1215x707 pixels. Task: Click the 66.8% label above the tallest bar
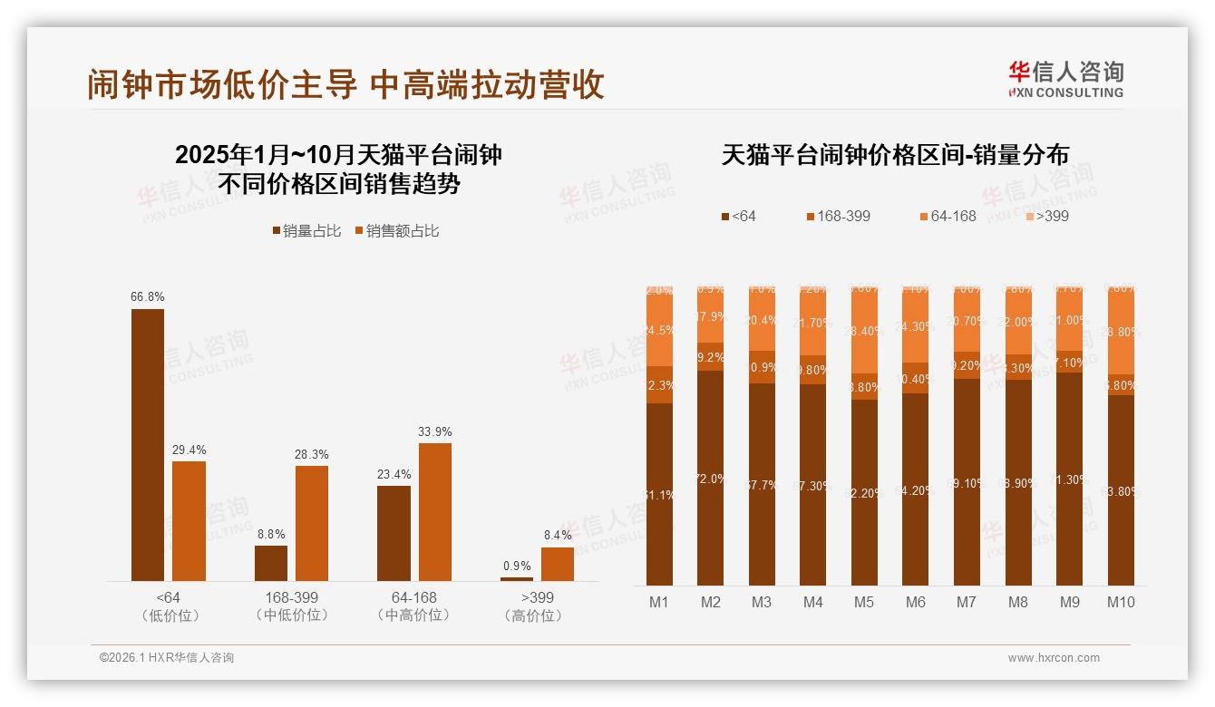148,296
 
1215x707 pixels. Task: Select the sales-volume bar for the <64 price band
148,444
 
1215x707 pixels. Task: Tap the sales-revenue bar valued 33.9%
435,511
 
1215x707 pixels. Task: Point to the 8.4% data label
558,536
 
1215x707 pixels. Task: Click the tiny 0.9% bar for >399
517,578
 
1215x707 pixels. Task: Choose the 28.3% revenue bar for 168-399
312,523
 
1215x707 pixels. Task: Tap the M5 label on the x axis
864,602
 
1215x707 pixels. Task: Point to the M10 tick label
1121,602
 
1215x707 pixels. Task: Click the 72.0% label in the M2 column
711,479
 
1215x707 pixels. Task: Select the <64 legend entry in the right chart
738,216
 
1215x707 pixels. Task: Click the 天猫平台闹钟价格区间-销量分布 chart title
895,155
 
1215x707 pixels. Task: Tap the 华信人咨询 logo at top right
1065,79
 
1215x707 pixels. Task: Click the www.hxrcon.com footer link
1054,658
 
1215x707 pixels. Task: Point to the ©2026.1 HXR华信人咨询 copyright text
167,658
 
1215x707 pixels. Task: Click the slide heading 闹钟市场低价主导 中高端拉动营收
345,84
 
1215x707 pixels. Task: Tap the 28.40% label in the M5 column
864,331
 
